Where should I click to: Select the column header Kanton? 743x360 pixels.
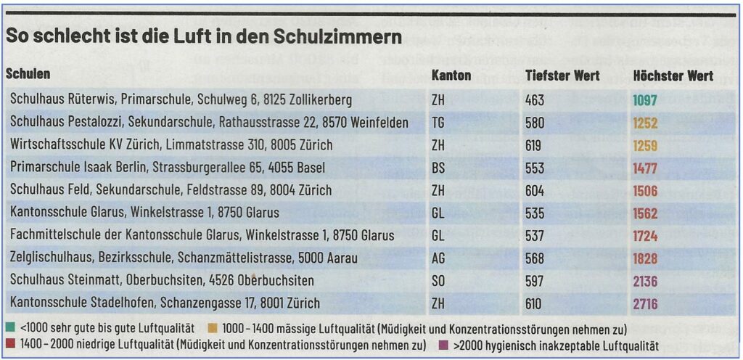coord(451,75)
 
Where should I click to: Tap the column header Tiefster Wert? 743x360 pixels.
coord(562,75)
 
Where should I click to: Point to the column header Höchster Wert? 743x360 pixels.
coord(673,75)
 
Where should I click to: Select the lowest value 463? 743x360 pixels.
coord(534,100)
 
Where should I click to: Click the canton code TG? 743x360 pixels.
coord(438,123)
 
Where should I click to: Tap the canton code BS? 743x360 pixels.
coord(438,168)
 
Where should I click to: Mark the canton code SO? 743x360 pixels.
coord(438,281)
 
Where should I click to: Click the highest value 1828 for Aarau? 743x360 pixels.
coord(644,258)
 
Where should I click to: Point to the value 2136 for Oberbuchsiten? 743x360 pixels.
coord(644,281)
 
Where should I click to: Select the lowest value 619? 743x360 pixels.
coord(533,145)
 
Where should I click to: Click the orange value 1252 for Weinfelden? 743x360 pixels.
coord(644,123)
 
